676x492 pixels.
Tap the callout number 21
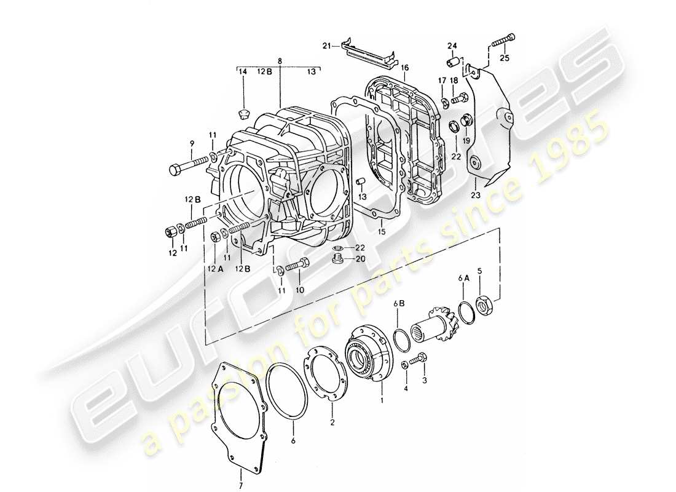tap(327, 46)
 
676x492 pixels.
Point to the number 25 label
tap(505, 58)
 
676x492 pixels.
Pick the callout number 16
tap(404, 66)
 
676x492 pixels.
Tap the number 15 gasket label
tap(381, 232)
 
